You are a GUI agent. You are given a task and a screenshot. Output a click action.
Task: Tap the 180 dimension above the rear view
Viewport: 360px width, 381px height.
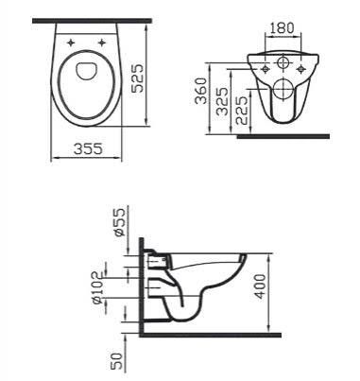click(x=281, y=28)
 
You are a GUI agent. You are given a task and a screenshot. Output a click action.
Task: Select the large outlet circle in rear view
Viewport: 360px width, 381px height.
click(x=282, y=91)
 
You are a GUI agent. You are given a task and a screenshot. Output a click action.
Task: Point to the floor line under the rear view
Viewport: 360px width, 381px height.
click(x=283, y=136)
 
